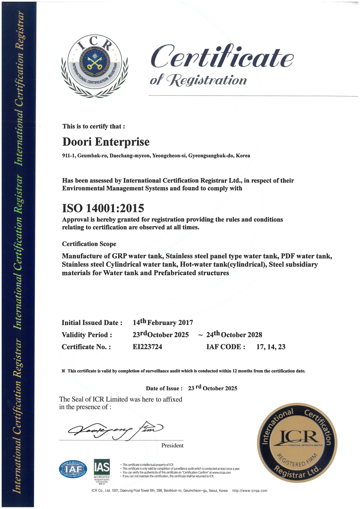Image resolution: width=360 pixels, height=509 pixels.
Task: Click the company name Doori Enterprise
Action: [x=106, y=142]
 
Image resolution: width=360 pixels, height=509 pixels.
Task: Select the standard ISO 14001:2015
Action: [x=103, y=208]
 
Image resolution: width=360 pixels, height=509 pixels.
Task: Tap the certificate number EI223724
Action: [x=147, y=347]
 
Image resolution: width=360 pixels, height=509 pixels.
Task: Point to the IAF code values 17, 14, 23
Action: [x=271, y=347]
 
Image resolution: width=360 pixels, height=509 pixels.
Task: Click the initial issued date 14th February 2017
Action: [x=163, y=322]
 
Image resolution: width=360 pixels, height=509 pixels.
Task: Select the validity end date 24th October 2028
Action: [x=234, y=335]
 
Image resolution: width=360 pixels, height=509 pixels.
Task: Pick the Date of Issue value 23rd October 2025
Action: [x=213, y=388]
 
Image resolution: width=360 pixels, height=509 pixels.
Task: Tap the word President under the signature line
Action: [x=172, y=445]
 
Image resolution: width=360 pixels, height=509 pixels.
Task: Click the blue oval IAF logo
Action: [x=73, y=469]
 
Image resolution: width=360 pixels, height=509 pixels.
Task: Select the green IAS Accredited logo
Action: [x=102, y=469]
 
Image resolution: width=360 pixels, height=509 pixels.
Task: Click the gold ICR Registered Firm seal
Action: [x=297, y=443]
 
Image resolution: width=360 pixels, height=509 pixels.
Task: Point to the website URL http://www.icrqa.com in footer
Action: [x=250, y=491]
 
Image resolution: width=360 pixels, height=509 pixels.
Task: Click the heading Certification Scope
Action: [x=89, y=244]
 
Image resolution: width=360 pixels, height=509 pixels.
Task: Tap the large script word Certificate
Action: [x=222, y=57]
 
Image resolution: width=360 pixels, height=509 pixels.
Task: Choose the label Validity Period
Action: [x=87, y=335]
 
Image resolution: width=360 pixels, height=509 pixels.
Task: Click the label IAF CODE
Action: [x=226, y=347]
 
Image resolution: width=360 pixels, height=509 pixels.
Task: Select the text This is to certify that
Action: [x=94, y=126]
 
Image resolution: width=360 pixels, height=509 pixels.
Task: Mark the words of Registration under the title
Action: [x=198, y=80]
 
